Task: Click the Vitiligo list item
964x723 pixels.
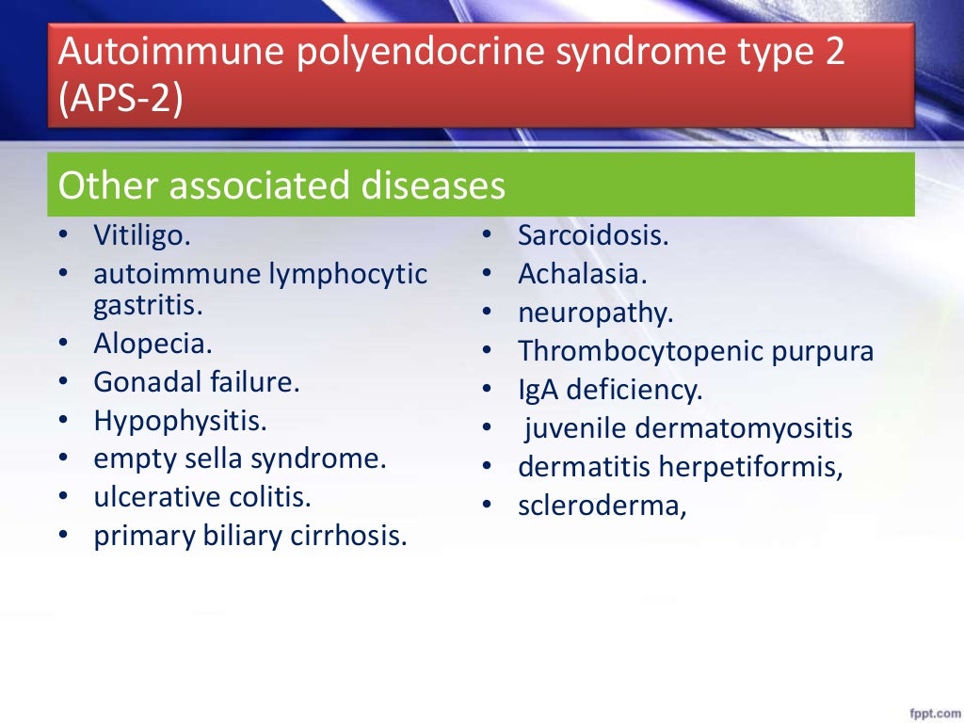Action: (142, 235)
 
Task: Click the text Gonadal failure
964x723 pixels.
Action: (196, 382)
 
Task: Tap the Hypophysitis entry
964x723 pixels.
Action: (180, 421)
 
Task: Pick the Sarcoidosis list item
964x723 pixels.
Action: (593, 235)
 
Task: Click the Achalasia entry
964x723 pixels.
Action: (583, 274)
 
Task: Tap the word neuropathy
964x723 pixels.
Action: (596, 313)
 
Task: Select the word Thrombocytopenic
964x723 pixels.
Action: (637, 352)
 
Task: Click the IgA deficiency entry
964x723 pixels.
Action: (610, 390)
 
